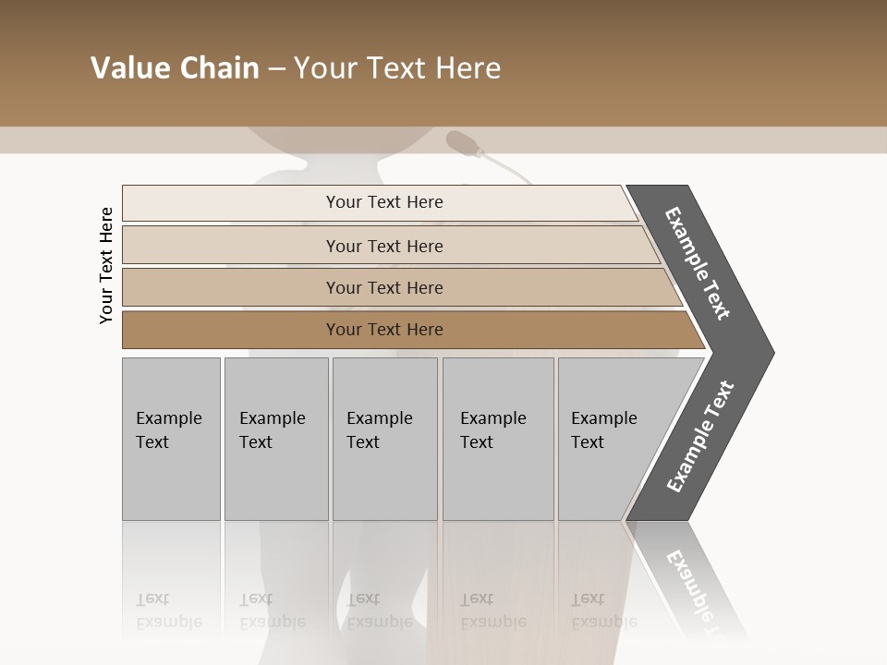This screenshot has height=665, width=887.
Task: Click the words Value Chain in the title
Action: click(175, 68)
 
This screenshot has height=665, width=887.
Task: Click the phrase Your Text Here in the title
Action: click(397, 68)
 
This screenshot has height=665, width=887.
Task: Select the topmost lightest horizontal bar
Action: click(231, 202)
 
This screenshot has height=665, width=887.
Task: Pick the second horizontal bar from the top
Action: click(231, 246)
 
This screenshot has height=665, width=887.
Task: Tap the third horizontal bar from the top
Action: click(231, 287)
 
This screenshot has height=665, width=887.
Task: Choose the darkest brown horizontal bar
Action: click(231, 330)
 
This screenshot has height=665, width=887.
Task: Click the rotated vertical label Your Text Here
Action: click(106, 265)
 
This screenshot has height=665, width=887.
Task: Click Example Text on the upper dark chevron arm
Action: click(698, 263)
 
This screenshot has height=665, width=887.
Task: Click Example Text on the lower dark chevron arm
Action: click(700, 436)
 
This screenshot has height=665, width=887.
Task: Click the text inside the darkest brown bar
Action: click(384, 330)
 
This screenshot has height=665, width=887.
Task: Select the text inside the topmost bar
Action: click(384, 202)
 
